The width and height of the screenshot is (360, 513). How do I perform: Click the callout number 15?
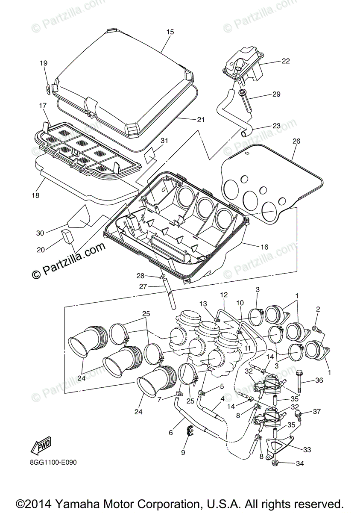pyautogui.click(x=170, y=32)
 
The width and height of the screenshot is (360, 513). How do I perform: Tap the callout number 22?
pyautogui.click(x=286, y=61)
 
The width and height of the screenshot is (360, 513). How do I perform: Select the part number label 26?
pyautogui.click(x=296, y=141)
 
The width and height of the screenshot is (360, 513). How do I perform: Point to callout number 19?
pyautogui.click(x=44, y=63)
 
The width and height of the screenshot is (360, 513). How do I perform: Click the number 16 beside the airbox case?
pyautogui.click(x=264, y=247)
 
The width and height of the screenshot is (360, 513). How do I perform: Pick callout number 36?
pyautogui.click(x=319, y=380)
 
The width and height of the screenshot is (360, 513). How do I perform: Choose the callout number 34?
pyautogui.click(x=300, y=463)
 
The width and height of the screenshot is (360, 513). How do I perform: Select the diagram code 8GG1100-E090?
pyautogui.click(x=53, y=463)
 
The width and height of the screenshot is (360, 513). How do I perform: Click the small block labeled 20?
pyautogui.click(x=67, y=236)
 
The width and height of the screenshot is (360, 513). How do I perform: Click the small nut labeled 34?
pyautogui.click(x=275, y=463)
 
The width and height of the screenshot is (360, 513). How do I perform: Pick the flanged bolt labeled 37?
pyautogui.click(x=299, y=414)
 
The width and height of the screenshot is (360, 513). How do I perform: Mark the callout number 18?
pyautogui.click(x=35, y=195)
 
